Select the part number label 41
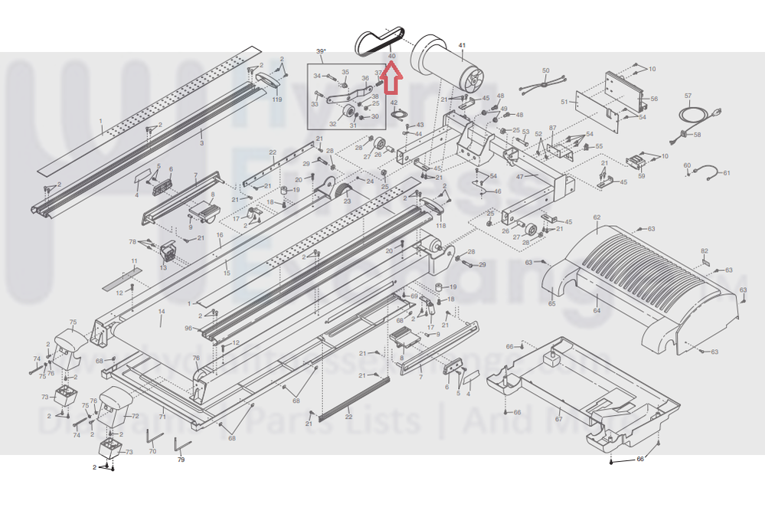462,47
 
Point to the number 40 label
391,56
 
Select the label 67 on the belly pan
558,419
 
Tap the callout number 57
688,96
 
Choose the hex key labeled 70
154,440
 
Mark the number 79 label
181,460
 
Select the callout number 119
276,99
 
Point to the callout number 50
546,70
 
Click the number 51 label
564,101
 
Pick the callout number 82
705,251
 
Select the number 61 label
727,172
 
